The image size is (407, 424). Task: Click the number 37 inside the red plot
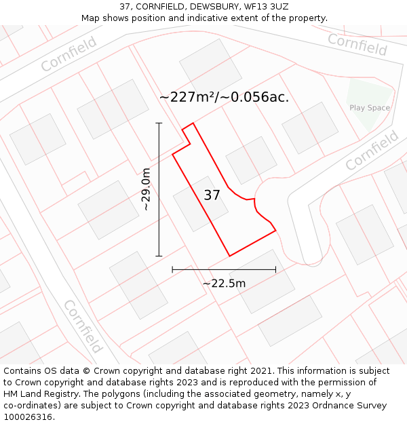coord(212,195)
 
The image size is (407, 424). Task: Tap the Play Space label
coord(370,108)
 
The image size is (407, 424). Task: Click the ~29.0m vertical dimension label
coord(146,190)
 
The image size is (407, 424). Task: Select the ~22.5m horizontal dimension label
coord(224,283)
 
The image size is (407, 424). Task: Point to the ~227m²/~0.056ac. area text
coord(224,97)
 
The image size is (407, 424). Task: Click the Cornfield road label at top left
coord(69,54)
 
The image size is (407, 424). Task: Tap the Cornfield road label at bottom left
coord(83,326)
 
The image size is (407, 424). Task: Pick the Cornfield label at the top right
coord(357,44)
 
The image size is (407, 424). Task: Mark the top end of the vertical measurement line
coord(159,123)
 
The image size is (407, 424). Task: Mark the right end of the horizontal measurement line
coord(275,269)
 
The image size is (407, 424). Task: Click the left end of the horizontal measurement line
coord(172,269)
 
